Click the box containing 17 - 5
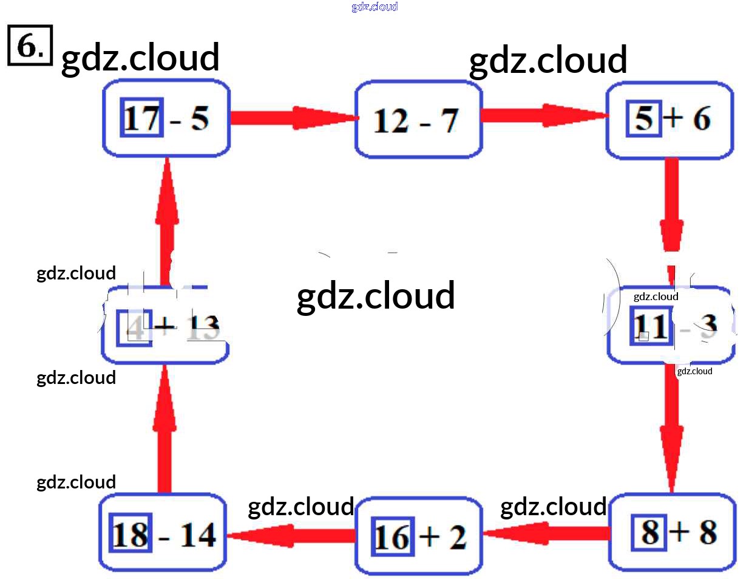point(166,118)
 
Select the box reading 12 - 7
point(418,120)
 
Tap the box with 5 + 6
point(669,119)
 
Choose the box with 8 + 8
point(672,532)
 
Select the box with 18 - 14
point(163,533)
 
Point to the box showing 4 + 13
point(164,327)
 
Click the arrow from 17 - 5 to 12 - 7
point(292,118)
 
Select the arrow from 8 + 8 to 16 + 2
point(546,533)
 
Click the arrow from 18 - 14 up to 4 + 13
point(164,429)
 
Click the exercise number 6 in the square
point(30,45)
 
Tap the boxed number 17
point(142,117)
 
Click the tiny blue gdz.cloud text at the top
point(374,7)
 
